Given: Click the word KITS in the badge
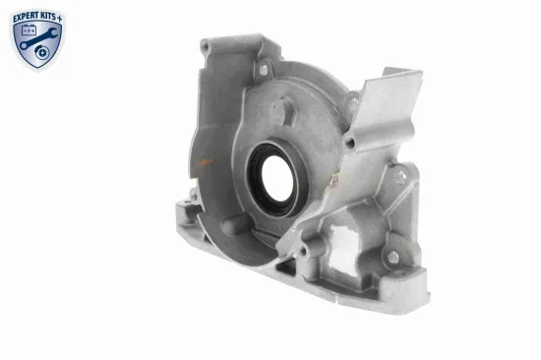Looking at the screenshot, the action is (x=49, y=17).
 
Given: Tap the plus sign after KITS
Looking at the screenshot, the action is (x=60, y=18).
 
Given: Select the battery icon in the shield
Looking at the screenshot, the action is (x=29, y=30).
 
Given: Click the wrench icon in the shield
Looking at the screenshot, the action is (x=38, y=38).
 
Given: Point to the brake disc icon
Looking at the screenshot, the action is (x=42, y=52).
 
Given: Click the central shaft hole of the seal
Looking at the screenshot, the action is (x=277, y=179).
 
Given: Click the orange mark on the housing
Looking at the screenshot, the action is (x=205, y=161).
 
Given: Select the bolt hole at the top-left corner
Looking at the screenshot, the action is (x=205, y=45).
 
